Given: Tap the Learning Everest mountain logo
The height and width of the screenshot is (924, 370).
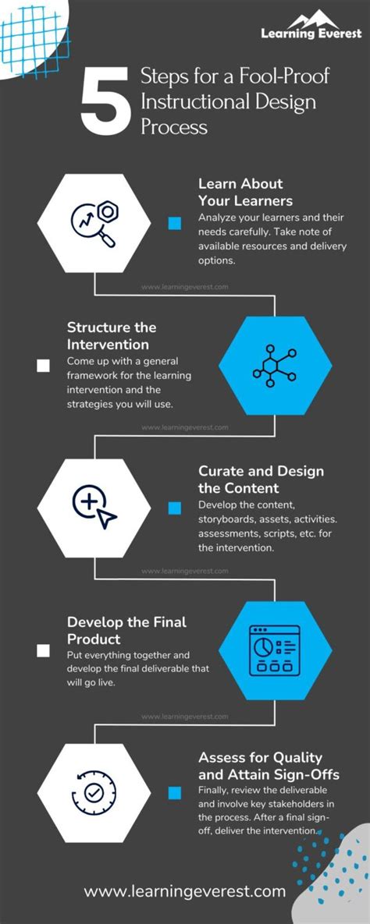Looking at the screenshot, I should (x=311, y=23).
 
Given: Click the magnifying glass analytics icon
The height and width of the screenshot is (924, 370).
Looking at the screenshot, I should (x=94, y=223).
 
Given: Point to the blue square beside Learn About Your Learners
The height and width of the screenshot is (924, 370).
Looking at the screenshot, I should (x=175, y=224).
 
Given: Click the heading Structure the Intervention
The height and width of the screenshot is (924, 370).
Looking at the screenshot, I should (x=112, y=335).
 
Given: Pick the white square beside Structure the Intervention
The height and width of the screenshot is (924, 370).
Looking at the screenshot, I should (x=43, y=365).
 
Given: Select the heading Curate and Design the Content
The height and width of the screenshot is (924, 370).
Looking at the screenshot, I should (x=261, y=480).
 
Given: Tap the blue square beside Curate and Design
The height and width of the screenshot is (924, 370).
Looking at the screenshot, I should (x=175, y=508).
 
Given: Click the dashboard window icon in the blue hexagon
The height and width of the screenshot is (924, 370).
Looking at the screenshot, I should (x=275, y=649).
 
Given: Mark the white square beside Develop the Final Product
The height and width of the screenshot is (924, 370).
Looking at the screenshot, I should (x=43, y=650).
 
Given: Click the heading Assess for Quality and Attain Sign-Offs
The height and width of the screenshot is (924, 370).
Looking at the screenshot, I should (x=271, y=765).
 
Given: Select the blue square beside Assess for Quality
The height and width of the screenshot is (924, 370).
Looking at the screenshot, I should (x=175, y=793).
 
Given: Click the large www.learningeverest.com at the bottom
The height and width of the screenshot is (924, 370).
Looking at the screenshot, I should (x=184, y=891).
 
